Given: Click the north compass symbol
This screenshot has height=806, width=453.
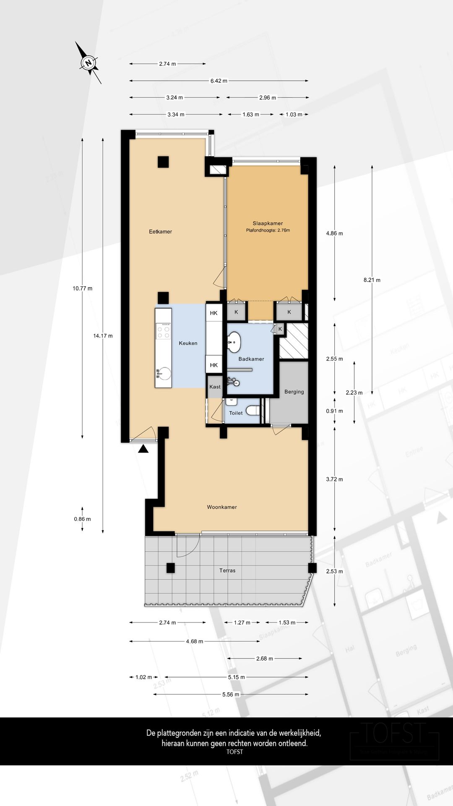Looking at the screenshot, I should tap(88, 63).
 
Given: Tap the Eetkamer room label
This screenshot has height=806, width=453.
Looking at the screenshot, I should tap(160, 232).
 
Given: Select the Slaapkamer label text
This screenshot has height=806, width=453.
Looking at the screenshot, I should tap(268, 223).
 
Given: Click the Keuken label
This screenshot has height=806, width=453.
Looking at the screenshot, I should tap(188, 343).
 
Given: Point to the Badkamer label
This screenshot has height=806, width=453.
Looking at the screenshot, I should tap(251, 359).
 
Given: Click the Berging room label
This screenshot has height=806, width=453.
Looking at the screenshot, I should tap(294, 392).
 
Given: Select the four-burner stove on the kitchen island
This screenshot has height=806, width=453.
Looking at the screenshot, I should tap(163, 331).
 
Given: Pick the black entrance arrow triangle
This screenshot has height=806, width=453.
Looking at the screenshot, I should tap(143, 449).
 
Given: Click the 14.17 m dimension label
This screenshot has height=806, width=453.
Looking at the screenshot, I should tap(103, 336).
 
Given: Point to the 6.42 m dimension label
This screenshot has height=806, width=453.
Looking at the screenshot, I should tap(219, 81).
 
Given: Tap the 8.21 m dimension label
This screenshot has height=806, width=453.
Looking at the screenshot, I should tap(372, 280).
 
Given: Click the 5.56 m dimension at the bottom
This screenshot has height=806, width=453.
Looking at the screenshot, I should tap(231, 694).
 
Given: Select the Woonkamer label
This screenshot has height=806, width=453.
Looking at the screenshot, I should tap(222, 507).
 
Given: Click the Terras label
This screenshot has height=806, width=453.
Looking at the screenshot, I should tap(227, 570).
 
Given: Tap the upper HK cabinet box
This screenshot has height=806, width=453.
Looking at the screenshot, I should tap(214, 313).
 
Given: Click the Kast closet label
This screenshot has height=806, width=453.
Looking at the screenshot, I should tap(215, 387).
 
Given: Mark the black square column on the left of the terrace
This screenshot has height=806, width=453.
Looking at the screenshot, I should tap(170, 568).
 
